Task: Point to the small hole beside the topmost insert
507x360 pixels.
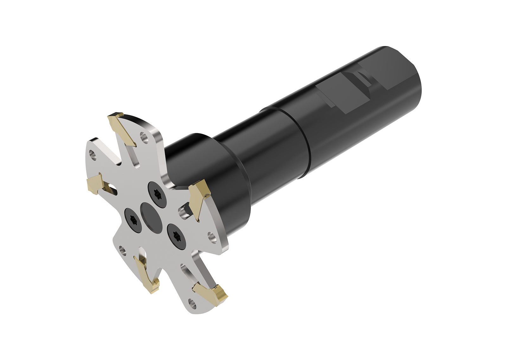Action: click(x=144, y=137)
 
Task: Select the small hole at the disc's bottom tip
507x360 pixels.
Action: click(x=191, y=302)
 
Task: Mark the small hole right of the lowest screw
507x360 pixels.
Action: click(x=211, y=237)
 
